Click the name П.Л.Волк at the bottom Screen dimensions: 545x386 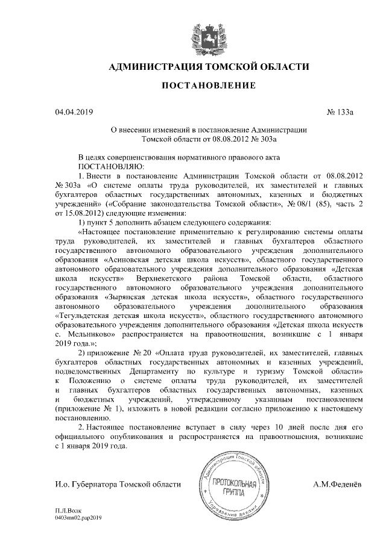(x=67, y=511)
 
